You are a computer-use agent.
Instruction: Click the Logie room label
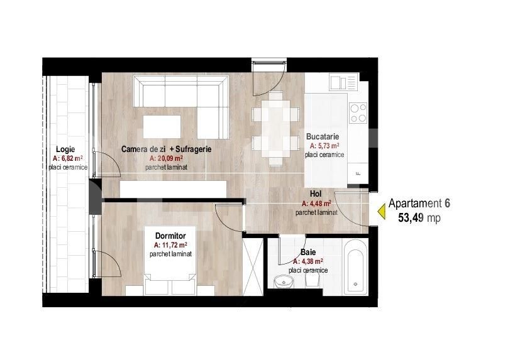[x=66, y=149]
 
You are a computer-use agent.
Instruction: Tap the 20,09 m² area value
[x=166, y=159]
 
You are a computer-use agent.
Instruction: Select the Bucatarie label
[x=323, y=136]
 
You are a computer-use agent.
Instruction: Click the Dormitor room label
[x=170, y=236]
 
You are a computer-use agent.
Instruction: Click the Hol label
[x=316, y=194]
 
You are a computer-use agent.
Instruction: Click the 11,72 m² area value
[x=170, y=245]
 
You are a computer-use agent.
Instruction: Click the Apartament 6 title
[x=419, y=204]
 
